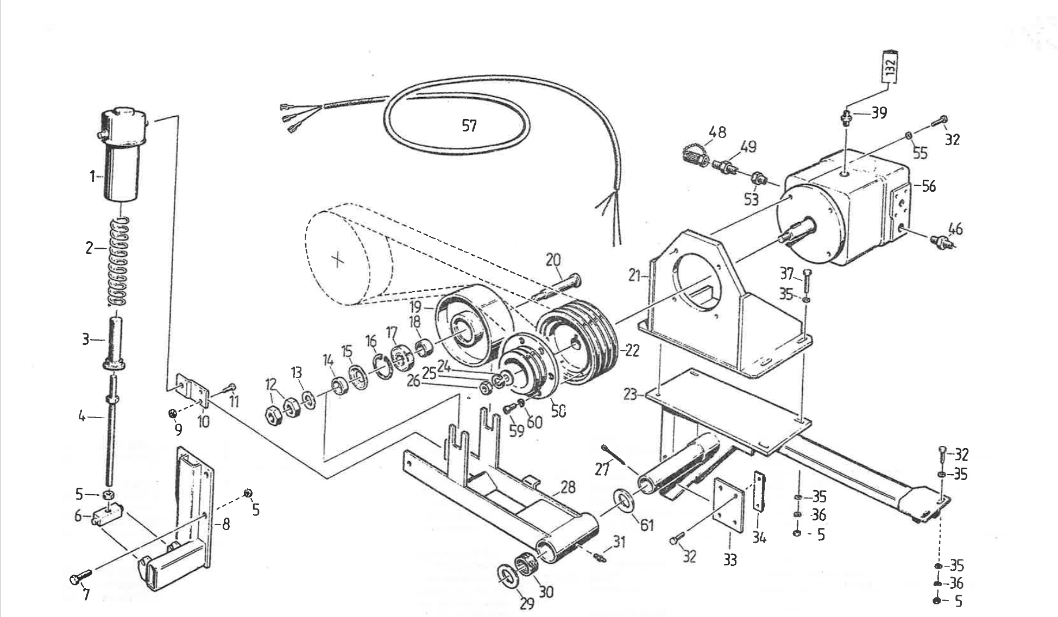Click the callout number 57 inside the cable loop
click(469, 126)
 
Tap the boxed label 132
click(889, 66)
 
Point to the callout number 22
click(631, 350)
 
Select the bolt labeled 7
click(81, 577)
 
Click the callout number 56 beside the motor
click(929, 186)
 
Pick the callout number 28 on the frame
click(568, 487)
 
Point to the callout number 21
click(634, 276)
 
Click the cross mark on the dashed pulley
click(338, 260)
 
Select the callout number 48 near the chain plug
click(717, 132)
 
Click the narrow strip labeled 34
click(757, 492)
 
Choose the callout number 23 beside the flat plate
click(629, 394)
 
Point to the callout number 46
click(955, 229)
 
